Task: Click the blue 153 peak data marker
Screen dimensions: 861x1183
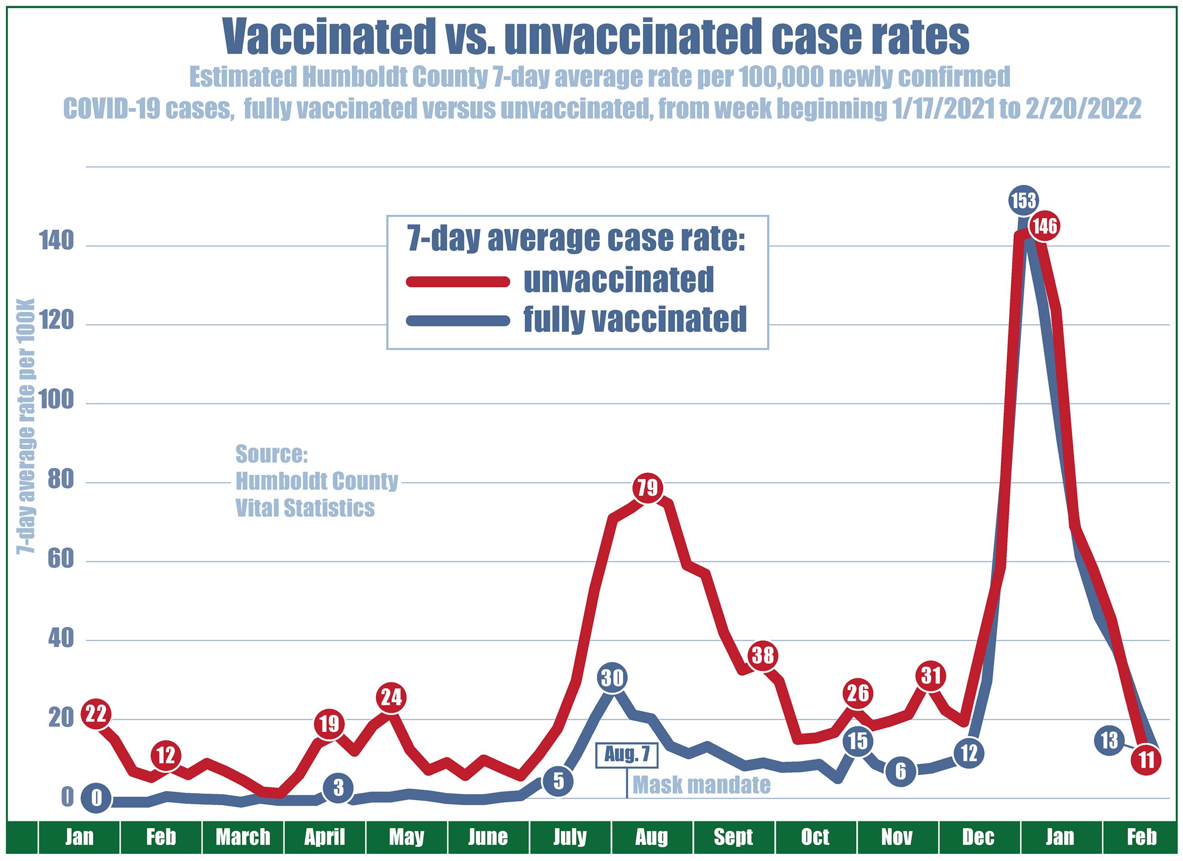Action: point(1023,200)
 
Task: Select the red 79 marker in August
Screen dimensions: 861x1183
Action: point(648,488)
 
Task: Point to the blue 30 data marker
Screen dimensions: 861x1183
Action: point(612,677)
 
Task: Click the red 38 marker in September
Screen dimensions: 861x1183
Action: point(763,655)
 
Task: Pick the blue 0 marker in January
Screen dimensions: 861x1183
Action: point(96,798)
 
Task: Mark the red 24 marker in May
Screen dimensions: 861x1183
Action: point(391,697)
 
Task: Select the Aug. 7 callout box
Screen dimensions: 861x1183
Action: point(627,755)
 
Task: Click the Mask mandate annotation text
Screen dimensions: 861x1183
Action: point(701,784)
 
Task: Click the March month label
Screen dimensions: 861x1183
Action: point(243,837)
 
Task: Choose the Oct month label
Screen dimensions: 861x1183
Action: point(815,837)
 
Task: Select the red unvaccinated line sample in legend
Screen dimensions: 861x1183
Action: point(458,282)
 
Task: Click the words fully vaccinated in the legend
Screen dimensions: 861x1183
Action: point(635,319)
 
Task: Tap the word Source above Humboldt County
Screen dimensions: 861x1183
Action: point(272,454)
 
